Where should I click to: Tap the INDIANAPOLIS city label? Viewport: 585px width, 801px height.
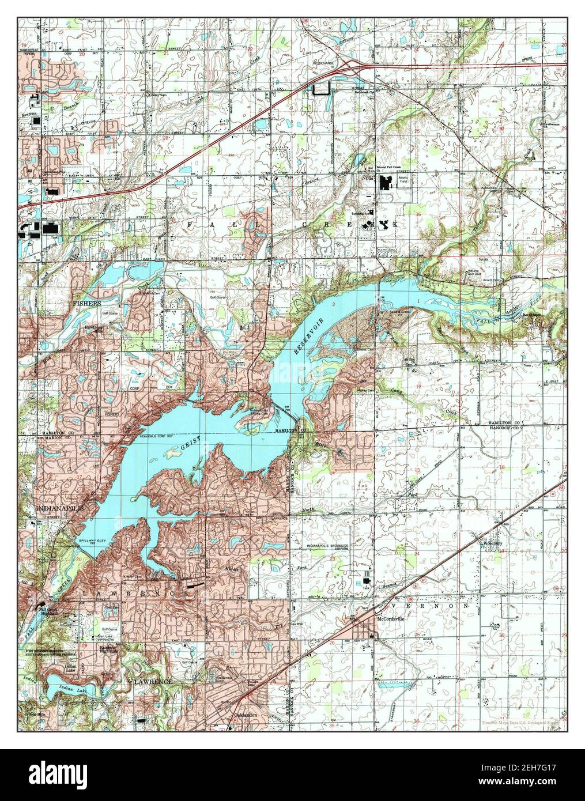(x=61, y=509)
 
